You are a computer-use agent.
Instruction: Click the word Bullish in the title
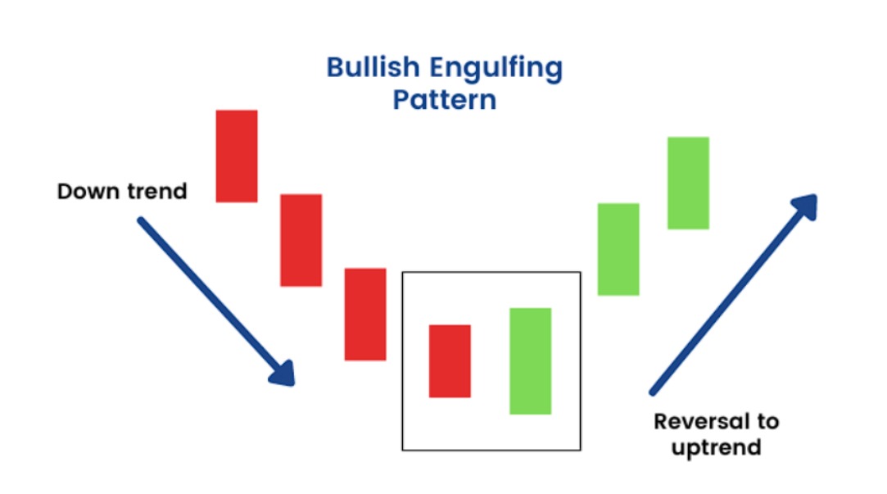tap(373, 67)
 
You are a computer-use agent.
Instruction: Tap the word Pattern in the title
tap(445, 100)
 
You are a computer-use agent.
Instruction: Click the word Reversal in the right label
tap(701, 422)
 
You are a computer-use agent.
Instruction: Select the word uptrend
tap(716, 448)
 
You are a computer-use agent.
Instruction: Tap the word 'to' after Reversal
tap(767, 422)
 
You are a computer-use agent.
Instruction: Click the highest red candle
tap(237, 156)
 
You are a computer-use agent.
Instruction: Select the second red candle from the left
tap(301, 241)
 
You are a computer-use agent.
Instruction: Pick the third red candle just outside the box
tap(365, 315)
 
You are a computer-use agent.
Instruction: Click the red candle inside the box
tap(450, 361)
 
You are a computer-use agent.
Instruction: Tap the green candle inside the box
tap(531, 361)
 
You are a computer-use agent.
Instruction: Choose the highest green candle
tap(689, 184)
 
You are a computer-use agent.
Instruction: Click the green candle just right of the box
tap(618, 250)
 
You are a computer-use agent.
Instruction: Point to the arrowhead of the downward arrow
tap(283, 374)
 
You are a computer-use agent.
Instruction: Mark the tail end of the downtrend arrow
tap(140, 220)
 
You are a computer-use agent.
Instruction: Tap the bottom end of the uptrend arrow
tap(653, 392)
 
